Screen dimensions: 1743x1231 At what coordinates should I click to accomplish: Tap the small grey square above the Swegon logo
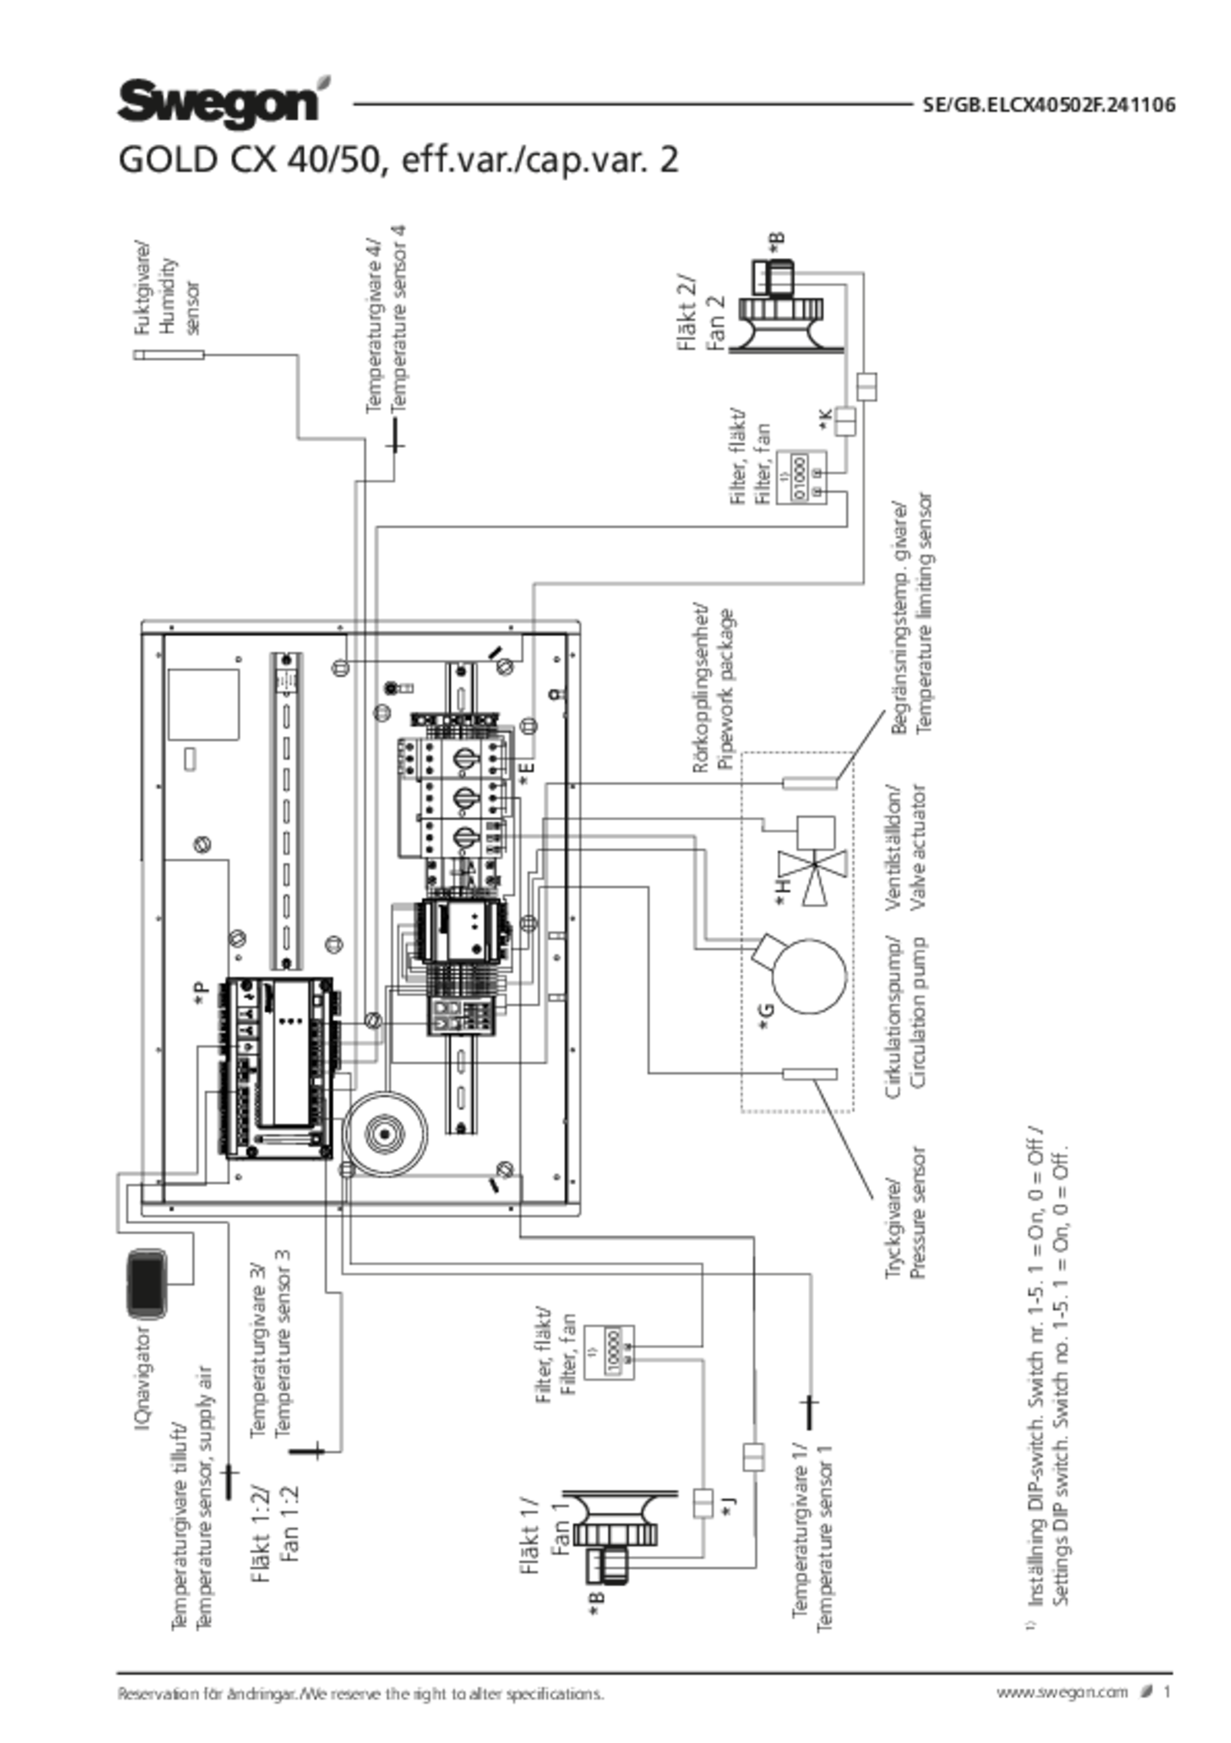point(325,82)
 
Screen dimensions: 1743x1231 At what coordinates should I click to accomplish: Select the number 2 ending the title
point(670,162)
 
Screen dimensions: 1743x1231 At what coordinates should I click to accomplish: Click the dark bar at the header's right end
point(1049,105)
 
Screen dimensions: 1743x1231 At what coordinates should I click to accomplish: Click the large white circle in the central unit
point(809,977)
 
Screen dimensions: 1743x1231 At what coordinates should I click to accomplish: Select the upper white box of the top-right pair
point(866,386)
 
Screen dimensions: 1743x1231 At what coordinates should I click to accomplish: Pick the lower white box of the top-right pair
point(844,420)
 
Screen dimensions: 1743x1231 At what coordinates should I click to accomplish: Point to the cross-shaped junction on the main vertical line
point(355,1042)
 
